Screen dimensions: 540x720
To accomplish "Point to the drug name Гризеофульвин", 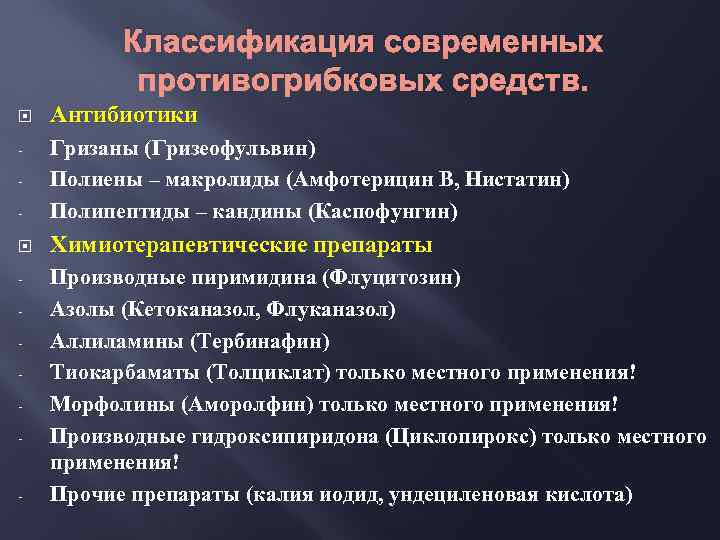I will click(x=230, y=148).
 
